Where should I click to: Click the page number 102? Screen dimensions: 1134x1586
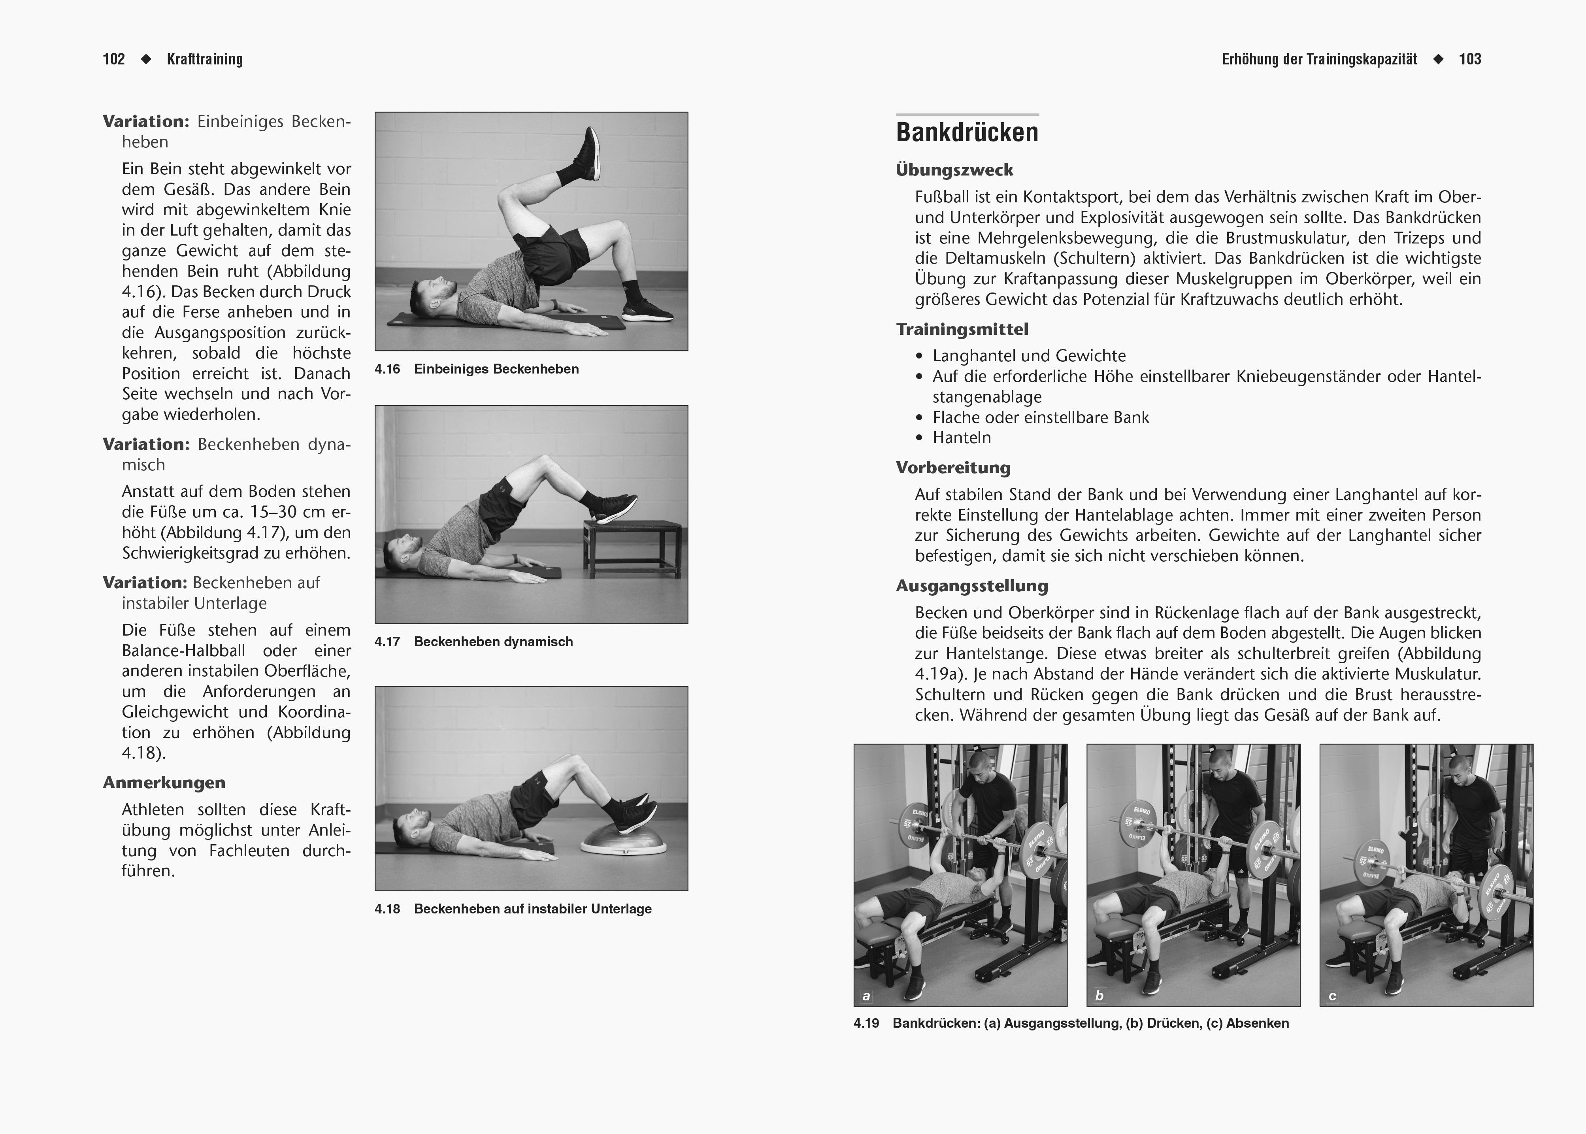[x=114, y=59]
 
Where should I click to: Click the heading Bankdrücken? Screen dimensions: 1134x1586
[x=967, y=132]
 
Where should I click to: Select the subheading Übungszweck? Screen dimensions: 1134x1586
[x=954, y=170]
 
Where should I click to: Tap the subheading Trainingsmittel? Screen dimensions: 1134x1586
[x=962, y=329]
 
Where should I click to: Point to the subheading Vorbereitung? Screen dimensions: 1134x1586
[x=953, y=468]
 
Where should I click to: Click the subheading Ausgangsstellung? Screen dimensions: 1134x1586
[x=972, y=586]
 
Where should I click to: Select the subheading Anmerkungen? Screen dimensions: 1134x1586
[x=164, y=783]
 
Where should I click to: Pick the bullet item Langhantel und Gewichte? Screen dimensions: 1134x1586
[x=1029, y=356]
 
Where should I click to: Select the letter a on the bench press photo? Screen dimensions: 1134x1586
[x=866, y=996]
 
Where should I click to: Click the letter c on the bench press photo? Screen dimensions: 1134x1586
[x=1332, y=996]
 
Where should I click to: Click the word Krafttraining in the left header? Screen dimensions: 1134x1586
[x=205, y=59]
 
